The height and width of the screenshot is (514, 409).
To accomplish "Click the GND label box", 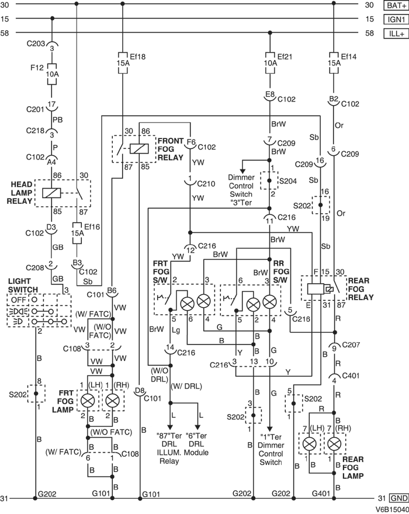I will point(397,498).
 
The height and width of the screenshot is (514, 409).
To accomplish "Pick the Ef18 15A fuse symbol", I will point(122,62).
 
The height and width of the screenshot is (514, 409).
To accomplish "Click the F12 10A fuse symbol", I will point(52,75).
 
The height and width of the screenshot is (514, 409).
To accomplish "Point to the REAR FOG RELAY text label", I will point(362,288).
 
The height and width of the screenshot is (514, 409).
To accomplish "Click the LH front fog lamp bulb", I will point(88,401).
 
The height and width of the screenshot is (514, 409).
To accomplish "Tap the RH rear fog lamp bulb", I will point(334,444).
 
